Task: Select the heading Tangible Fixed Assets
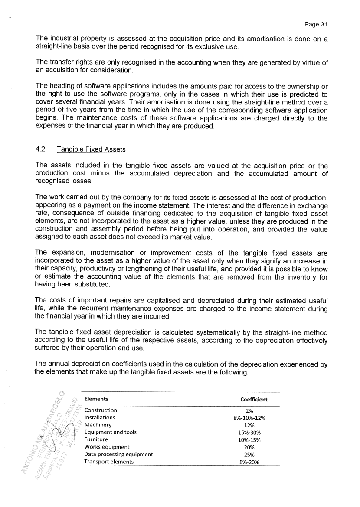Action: (x=91, y=149)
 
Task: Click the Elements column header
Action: (x=96, y=399)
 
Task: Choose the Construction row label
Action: (x=101, y=410)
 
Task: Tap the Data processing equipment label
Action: (x=118, y=454)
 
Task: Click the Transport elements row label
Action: (x=109, y=461)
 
